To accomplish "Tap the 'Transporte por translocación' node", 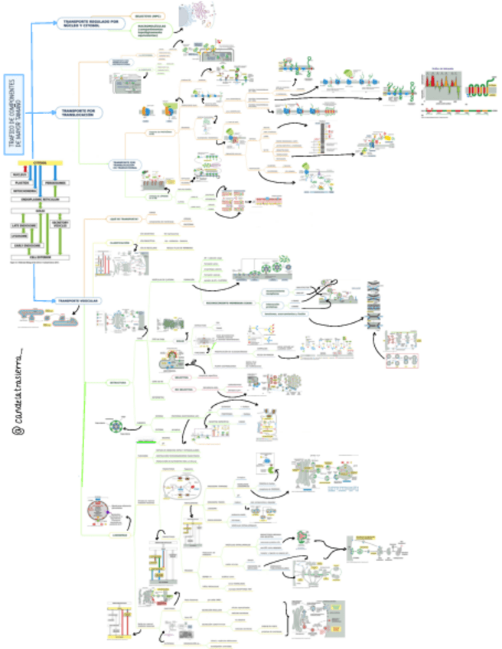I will [x=77, y=113].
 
